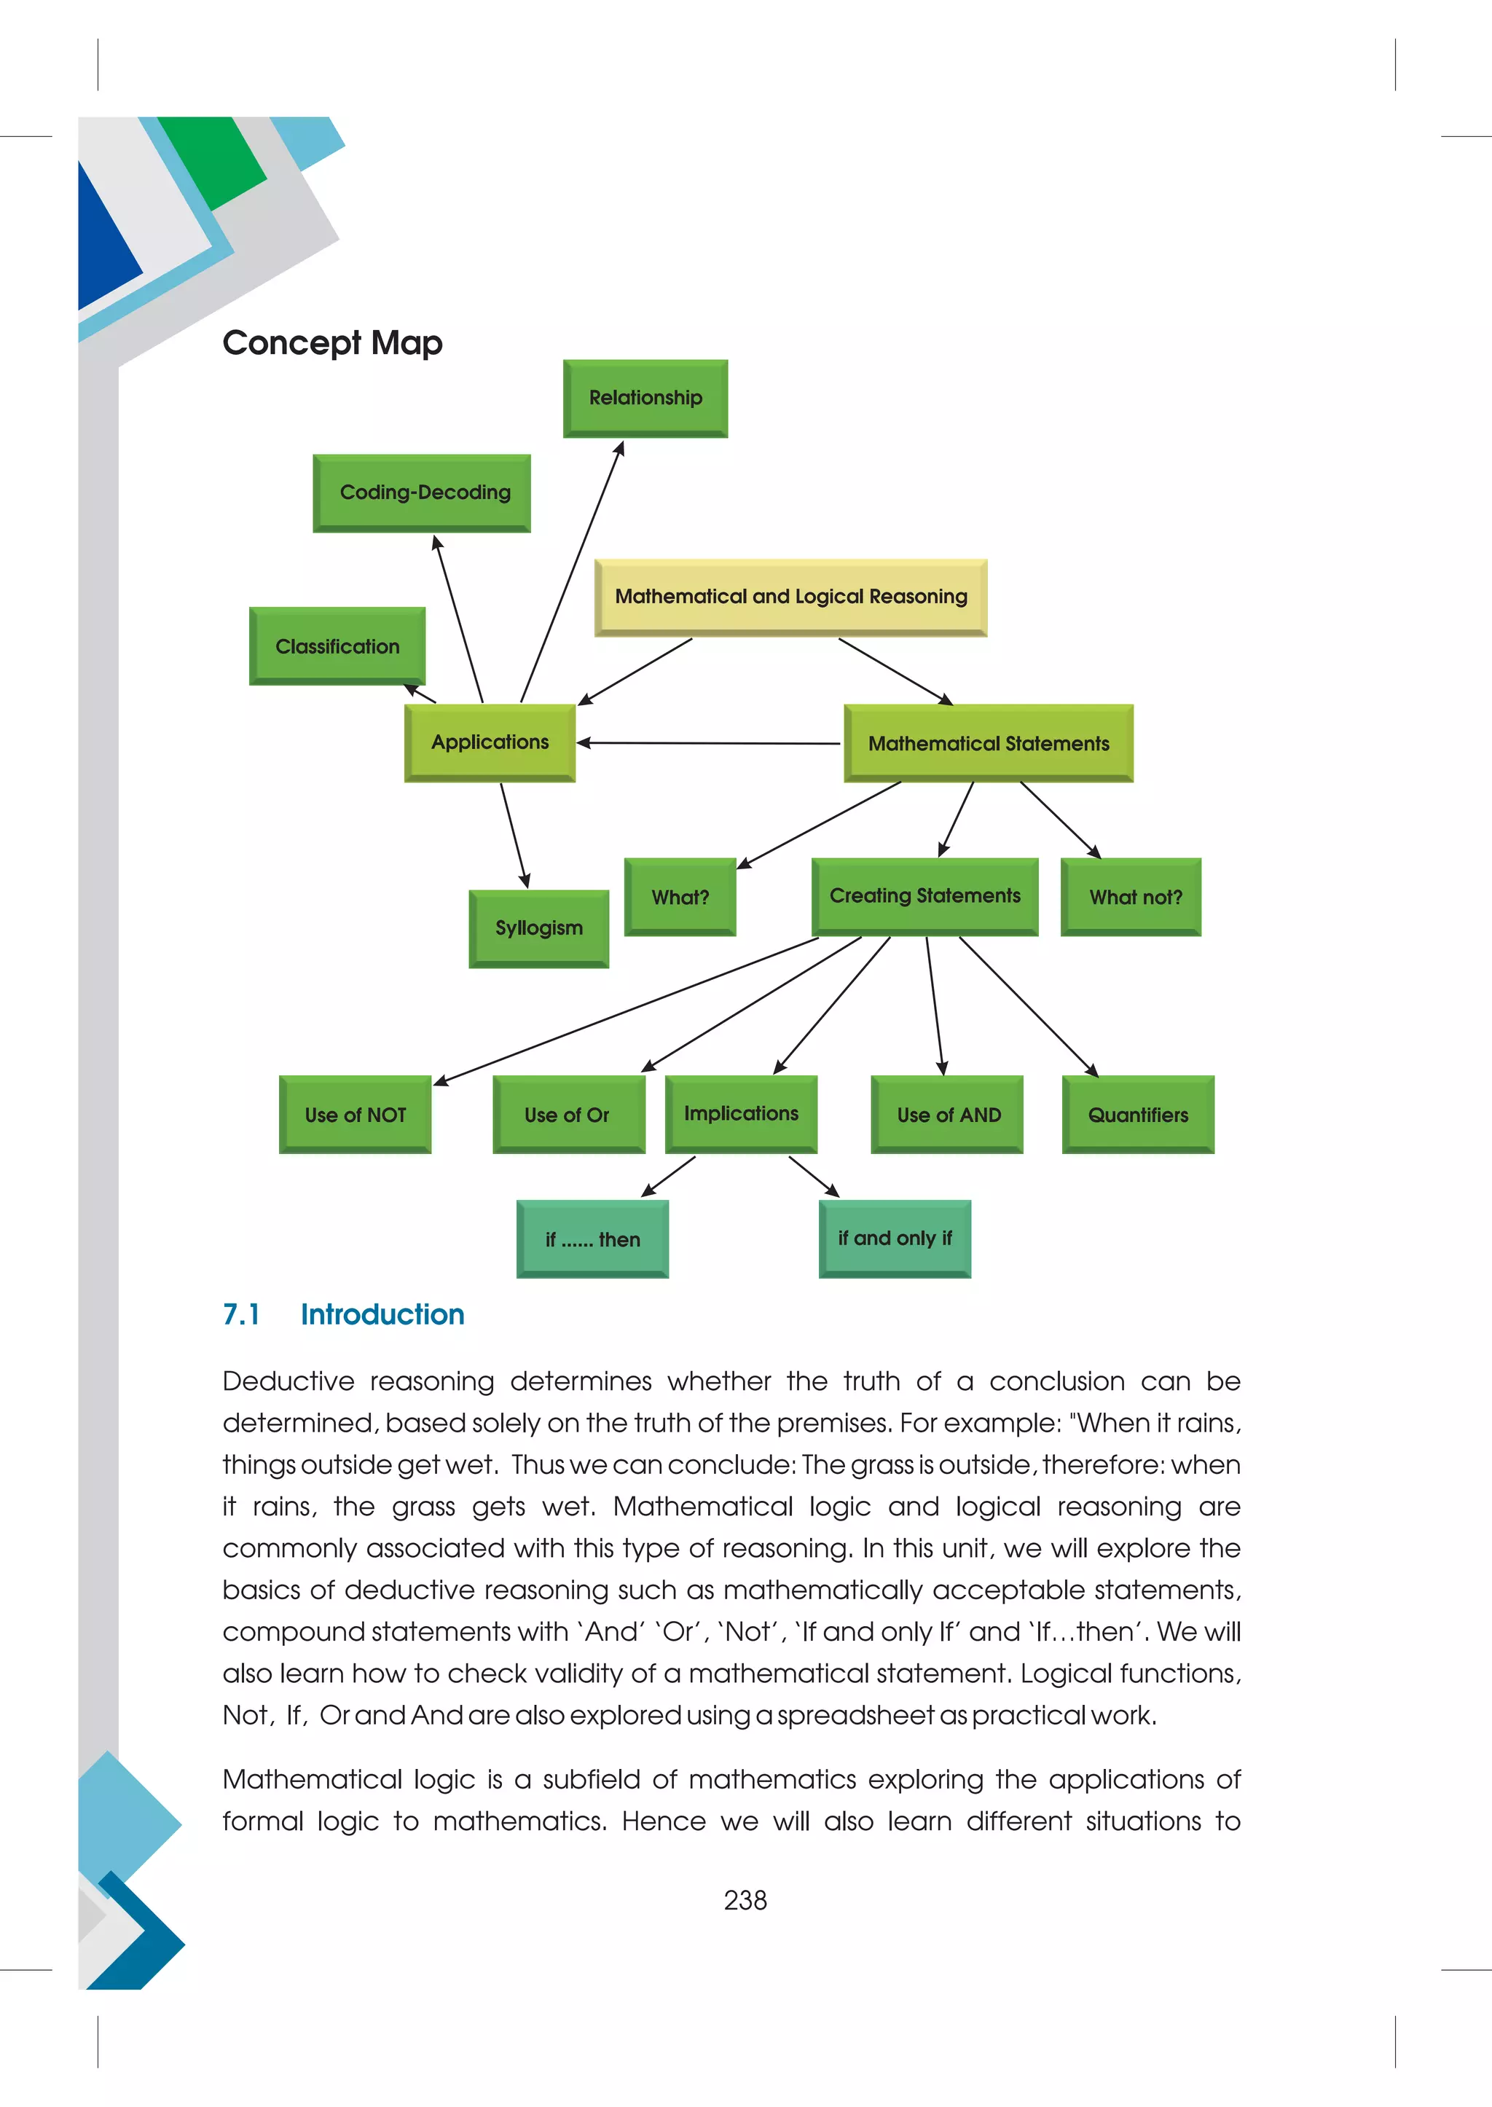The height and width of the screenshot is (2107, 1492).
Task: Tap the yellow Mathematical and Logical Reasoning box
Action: pos(790,597)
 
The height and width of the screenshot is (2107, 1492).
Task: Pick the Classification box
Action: pos(337,646)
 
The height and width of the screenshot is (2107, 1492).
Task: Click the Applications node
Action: pos(490,742)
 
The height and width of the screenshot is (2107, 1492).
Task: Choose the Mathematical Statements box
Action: pos(988,743)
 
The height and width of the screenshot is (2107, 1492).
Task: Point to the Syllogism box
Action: pos(538,928)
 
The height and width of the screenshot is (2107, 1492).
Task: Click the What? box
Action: pos(680,897)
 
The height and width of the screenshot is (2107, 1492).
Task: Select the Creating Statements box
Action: pos(924,896)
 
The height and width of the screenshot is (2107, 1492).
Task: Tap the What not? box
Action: pos(1130,897)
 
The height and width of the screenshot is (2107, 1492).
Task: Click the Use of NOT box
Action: pos(355,1115)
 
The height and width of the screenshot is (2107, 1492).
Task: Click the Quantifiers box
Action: pos(1137,1115)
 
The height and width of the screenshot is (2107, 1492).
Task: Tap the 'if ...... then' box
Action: pos(592,1239)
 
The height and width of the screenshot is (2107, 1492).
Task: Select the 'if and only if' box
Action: pos(894,1239)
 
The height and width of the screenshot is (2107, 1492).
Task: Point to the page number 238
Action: pos(745,1900)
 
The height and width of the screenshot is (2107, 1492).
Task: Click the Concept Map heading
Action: pos(333,342)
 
